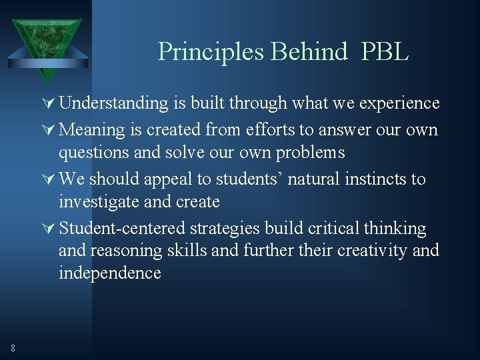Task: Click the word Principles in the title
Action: click(x=202, y=51)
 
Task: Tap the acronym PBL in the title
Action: click(x=385, y=51)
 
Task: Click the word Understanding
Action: click(x=113, y=103)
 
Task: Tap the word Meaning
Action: click(x=92, y=129)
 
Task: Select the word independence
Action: click(x=110, y=273)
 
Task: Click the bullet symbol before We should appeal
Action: click(x=49, y=179)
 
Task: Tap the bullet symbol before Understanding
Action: click(x=49, y=103)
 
